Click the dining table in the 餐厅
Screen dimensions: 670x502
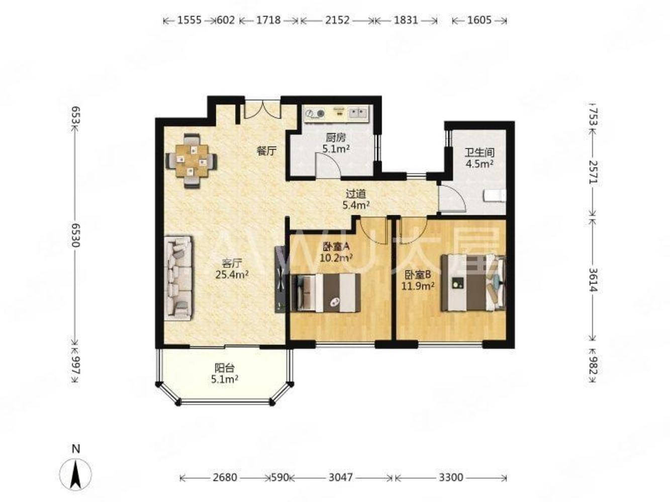point(192,161)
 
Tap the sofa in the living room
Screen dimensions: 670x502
point(178,278)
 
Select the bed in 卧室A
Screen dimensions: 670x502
point(326,293)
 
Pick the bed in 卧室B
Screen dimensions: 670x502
point(473,283)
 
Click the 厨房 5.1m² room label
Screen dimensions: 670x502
point(336,143)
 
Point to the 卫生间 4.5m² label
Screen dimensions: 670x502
point(479,158)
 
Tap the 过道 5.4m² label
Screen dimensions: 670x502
point(356,200)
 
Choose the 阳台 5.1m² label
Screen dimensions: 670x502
point(224,373)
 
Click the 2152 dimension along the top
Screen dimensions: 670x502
point(337,21)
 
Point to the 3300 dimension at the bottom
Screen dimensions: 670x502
point(451,477)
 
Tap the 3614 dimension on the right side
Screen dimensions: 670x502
point(593,280)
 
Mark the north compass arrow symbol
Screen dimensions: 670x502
point(75,474)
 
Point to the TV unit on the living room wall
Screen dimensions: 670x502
point(280,279)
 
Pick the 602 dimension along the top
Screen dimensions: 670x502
point(226,21)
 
